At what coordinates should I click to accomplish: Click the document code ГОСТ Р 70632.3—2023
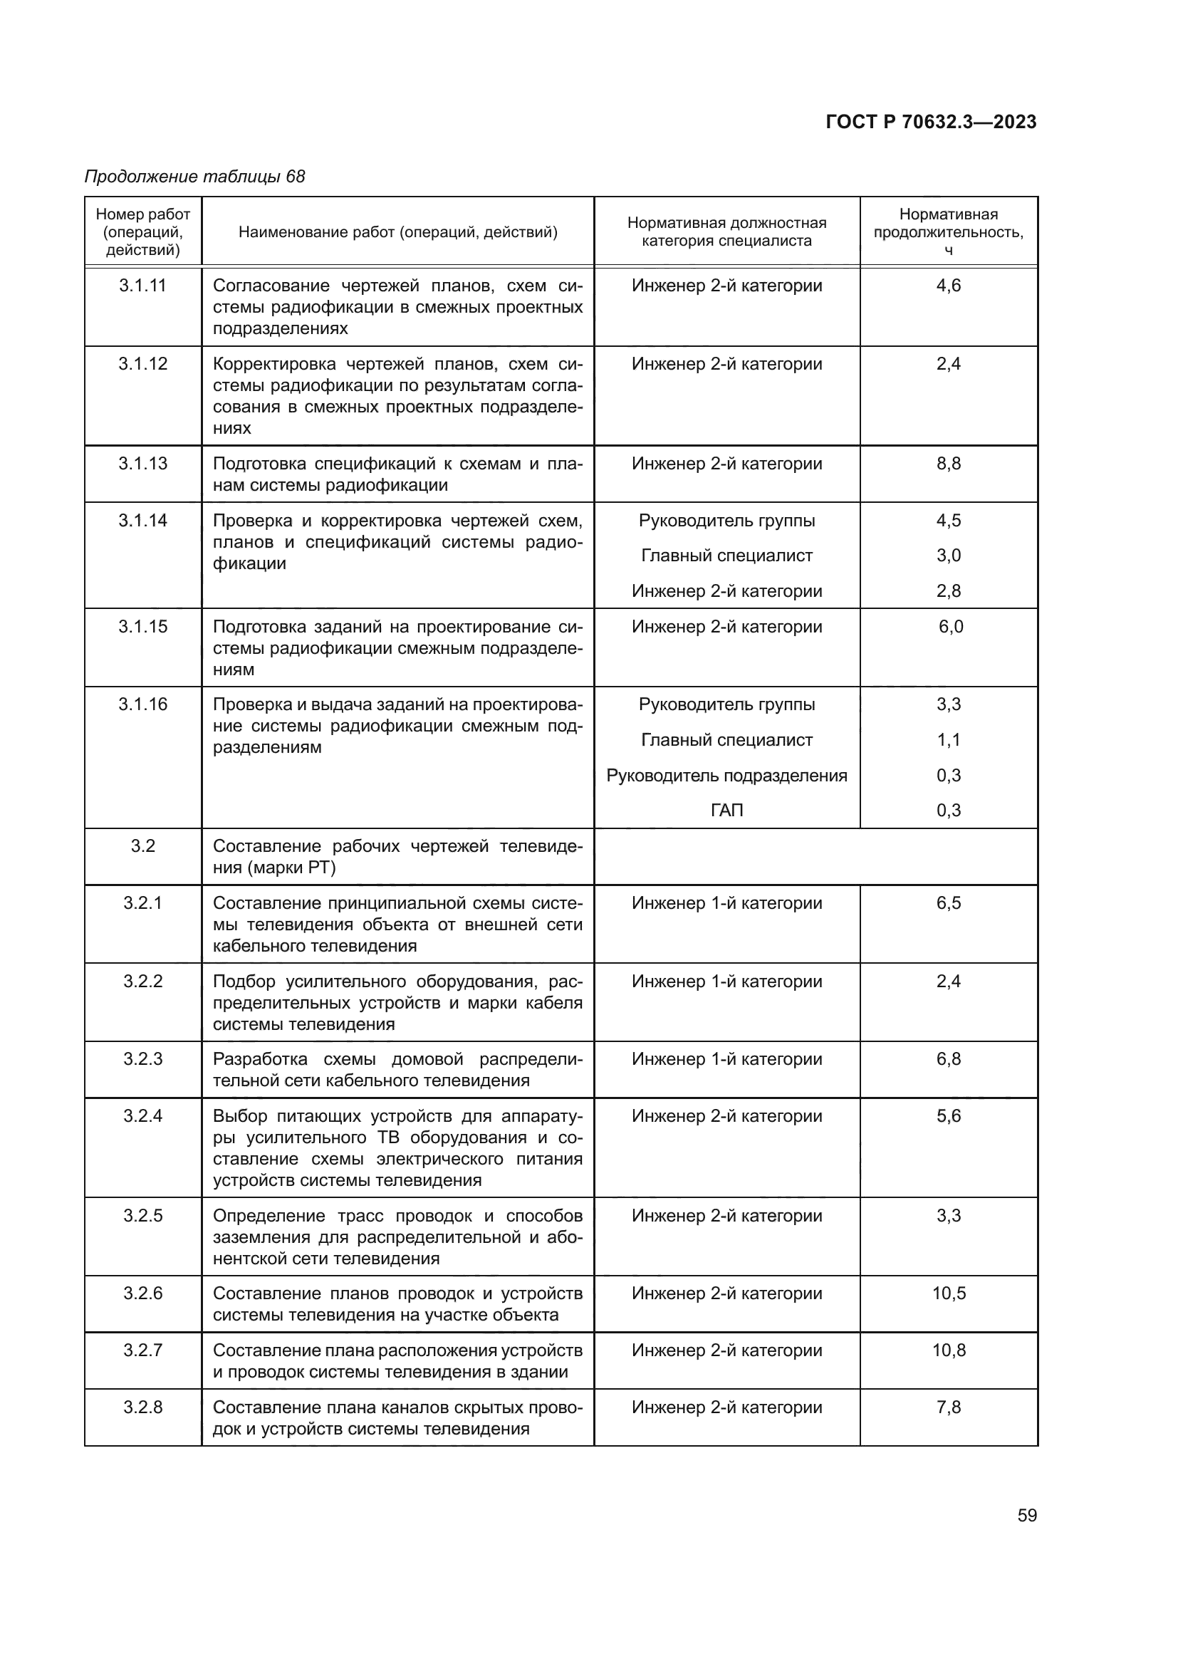[x=931, y=122]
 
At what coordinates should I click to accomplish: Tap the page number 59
[x=1026, y=1515]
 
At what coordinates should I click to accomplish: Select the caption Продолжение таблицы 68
[x=194, y=177]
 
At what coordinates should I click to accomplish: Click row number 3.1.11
[x=143, y=286]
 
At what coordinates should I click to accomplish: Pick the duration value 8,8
[x=948, y=464]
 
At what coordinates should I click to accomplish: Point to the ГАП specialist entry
[x=727, y=811]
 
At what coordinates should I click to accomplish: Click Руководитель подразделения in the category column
[x=727, y=776]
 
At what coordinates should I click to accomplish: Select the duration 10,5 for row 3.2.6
[x=948, y=1293]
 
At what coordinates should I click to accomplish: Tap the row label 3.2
[x=143, y=846]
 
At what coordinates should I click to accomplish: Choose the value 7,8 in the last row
[x=948, y=1407]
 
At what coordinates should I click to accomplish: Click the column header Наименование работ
[x=397, y=232]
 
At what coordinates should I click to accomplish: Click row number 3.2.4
[x=143, y=1116]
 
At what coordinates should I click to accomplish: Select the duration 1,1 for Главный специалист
[x=948, y=740]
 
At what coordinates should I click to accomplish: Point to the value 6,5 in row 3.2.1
[x=948, y=903]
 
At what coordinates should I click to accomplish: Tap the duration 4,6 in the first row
[x=948, y=286]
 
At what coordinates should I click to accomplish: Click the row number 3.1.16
[x=143, y=704]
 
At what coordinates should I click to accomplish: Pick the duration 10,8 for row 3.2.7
[x=948, y=1350]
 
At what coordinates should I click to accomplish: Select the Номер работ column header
[x=143, y=232]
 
